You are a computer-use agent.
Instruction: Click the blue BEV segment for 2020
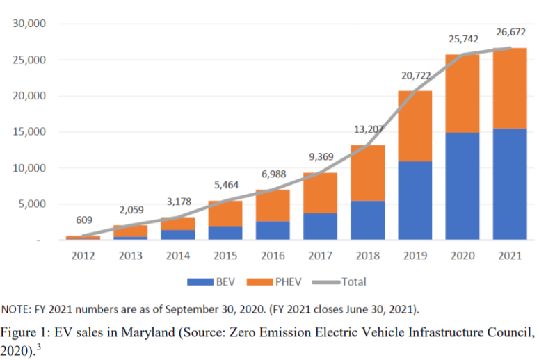pos(462,186)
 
